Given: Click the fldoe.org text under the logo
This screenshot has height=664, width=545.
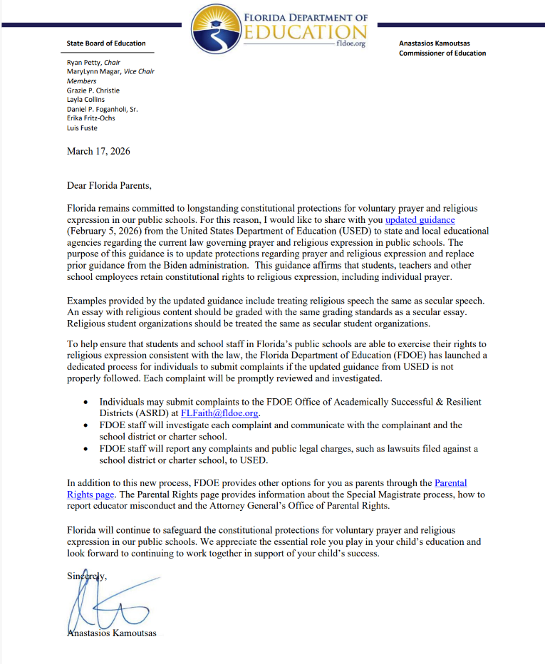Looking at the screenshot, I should coord(353,43).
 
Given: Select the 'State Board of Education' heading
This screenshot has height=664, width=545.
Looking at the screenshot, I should coord(106,43).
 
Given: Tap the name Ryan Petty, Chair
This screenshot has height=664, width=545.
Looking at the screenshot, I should coord(93,63).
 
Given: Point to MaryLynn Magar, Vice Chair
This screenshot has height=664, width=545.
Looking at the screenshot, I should coord(110,72).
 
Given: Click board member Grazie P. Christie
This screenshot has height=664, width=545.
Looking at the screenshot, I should coord(93,90).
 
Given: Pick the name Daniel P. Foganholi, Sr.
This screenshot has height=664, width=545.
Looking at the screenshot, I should coord(103,109).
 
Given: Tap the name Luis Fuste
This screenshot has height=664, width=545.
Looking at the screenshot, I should coord(82,128).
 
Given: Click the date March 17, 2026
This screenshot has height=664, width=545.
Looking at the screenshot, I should coord(98,151).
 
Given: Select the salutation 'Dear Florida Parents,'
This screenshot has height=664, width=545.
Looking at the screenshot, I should coord(109,186).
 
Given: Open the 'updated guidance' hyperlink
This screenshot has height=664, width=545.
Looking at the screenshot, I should coord(420,220).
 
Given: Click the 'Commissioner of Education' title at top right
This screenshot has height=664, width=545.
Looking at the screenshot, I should coord(442,53).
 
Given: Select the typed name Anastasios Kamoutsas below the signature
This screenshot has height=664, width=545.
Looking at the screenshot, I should coord(111,633).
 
